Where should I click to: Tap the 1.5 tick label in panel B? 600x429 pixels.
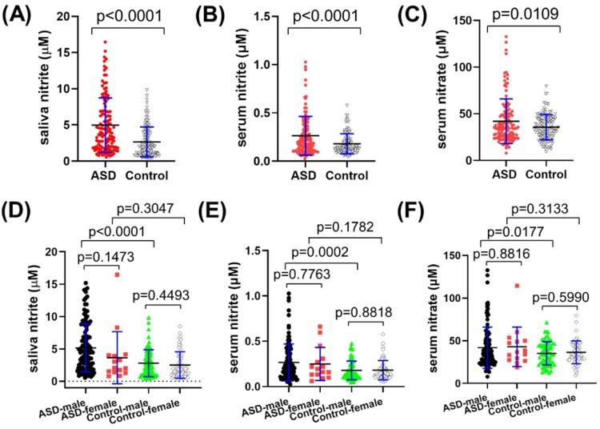(x=238, y=17)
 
